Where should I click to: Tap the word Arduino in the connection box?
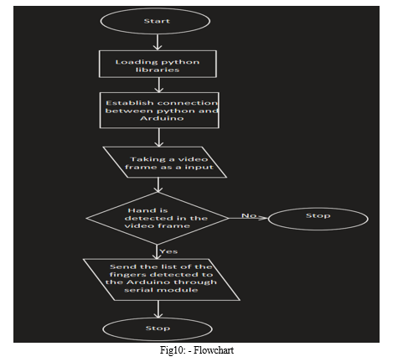click(x=162, y=118)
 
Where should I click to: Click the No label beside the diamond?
click(x=249, y=215)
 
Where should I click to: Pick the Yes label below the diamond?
click(x=168, y=251)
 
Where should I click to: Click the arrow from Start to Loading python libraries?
click(x=158, y=42)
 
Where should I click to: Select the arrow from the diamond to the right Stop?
click(x=249, y=218)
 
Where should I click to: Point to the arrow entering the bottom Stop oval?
click(x=158, y=309)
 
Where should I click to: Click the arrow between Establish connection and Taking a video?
click(x=159, y=137)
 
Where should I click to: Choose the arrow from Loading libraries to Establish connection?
click(x=159, y=85)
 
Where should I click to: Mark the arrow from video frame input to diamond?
click(x=158, y=185)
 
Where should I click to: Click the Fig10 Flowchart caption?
click(x=197, y=350)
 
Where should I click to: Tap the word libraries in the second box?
click(x=158, y=70)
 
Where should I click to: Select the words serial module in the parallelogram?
click(x=161, y=290)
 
